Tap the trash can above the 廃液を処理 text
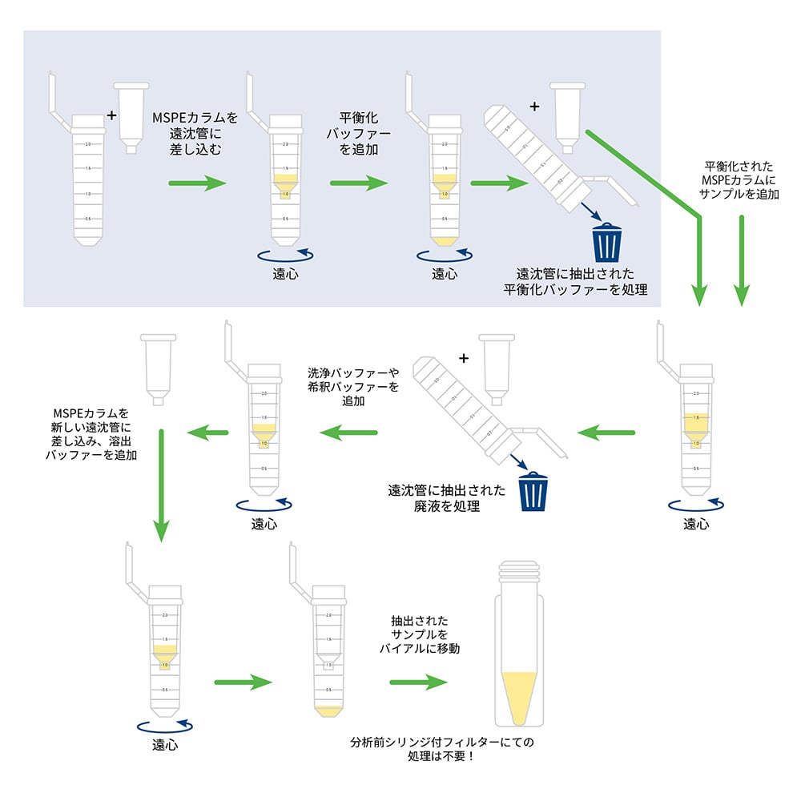(533, 492)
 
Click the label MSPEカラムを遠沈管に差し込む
(195, 133)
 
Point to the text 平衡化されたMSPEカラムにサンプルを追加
(738, 180)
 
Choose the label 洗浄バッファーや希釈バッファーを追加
(352, 387)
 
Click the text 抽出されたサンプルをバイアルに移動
(419, 635)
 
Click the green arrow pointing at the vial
(418, 682)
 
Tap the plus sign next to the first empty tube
(111, 115)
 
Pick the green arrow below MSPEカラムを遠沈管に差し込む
(198, 183)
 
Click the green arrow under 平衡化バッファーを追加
(359, 183)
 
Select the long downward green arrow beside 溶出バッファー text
(161, 485)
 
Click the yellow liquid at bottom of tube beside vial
(328, 710)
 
